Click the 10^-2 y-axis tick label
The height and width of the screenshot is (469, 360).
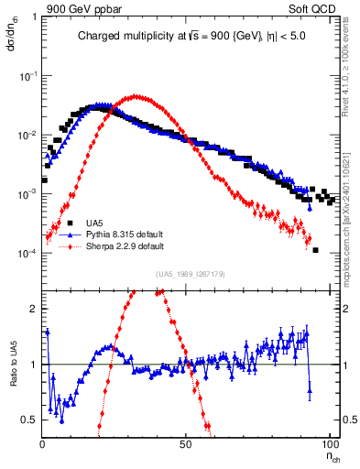tap(27, 136)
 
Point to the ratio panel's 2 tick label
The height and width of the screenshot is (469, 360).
tap(35, 309)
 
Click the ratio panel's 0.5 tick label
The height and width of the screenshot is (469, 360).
tap(31, 420)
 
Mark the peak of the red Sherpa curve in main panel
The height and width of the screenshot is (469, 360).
tap(136, 96)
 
